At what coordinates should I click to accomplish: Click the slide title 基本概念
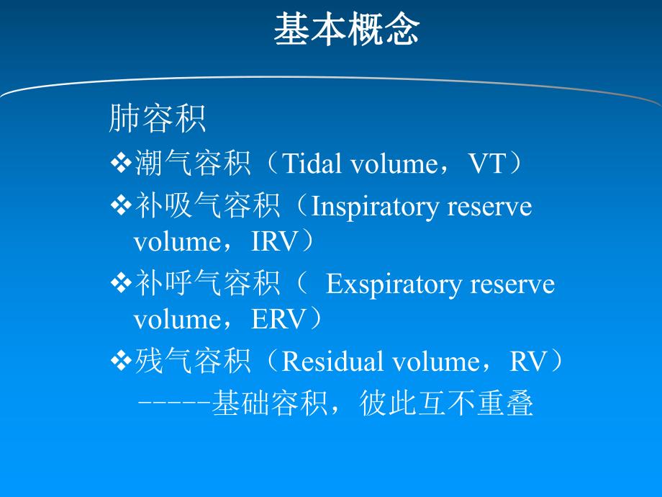click(x=346, y=31)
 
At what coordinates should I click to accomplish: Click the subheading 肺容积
click(x=157, y=119)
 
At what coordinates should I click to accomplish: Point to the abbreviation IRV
click(x=273, y=241)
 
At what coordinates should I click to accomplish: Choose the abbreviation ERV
click(x=278, y=319)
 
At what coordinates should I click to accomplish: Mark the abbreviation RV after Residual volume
click(x=528, y=361)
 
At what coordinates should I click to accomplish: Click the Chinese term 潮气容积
click(x=192, y=164)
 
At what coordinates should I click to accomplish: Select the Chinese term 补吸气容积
click(x=207, y=207)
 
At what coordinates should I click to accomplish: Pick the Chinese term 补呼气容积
click(x=207, y=284)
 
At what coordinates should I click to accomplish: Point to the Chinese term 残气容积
click(x=192, y=361)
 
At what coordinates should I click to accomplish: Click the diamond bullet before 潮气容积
click(x=120, y=164)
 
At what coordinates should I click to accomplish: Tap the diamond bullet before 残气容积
click(x=120, y=361)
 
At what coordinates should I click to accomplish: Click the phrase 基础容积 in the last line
click(x=268, y=404)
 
